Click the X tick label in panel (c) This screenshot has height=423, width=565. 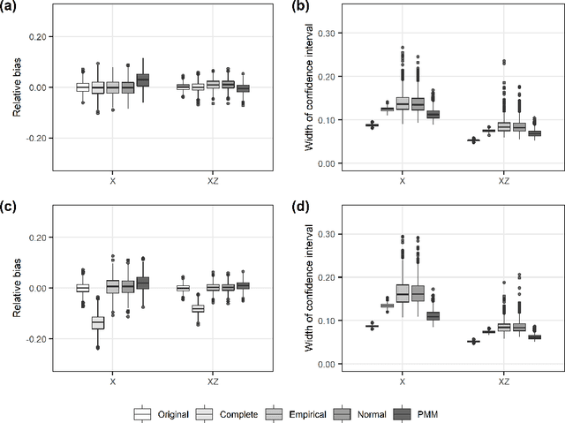tap(113, 381)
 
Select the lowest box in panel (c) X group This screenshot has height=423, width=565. tap(97, 322)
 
